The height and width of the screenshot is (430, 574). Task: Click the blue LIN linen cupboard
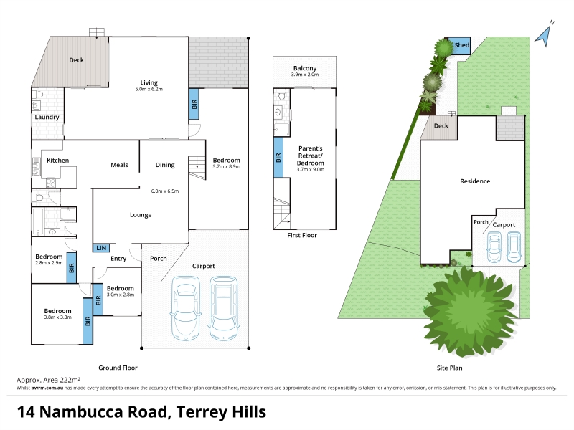101,248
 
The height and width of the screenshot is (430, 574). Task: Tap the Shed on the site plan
459,46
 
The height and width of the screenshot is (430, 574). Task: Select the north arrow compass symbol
545,34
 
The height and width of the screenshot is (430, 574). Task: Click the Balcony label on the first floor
304,68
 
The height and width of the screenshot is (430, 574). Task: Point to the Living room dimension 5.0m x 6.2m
149,89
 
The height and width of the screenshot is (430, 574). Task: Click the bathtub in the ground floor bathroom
38,221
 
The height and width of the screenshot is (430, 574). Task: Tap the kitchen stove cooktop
51,183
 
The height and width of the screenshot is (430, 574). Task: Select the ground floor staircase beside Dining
197,168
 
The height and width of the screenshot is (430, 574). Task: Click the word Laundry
47,117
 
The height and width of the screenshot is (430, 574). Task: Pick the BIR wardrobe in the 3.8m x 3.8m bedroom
88,321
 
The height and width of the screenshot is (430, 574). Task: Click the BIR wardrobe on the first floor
278,158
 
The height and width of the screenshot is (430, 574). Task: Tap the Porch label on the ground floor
158,259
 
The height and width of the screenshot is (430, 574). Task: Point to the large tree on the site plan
470,312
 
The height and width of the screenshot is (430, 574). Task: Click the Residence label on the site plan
475,181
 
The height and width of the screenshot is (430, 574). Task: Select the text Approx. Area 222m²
48,380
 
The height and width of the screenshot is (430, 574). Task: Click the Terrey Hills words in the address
221,412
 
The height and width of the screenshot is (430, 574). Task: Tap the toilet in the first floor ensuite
281,95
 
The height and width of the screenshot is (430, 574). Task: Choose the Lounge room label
141,215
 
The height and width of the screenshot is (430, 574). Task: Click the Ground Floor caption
118,368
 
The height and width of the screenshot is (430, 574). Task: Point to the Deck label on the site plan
441,126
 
